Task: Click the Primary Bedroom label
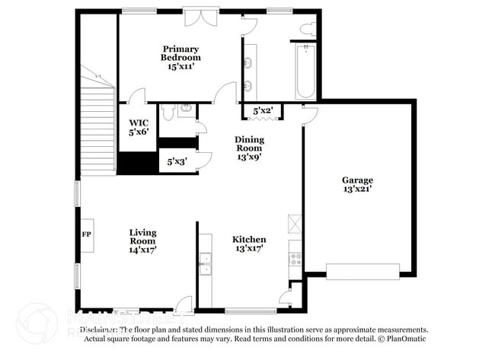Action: [180, 57]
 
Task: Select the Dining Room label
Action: [249, 145]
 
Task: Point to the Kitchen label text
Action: [249, 244]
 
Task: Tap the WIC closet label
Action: [138, 126]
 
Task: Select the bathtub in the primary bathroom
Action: [305, 71]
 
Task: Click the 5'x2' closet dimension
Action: [263, 111]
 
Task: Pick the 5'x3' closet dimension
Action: [175, 161]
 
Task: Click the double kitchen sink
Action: [204, 263]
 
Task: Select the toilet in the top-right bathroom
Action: [307, 30]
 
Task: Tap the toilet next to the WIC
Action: [168, 111]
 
